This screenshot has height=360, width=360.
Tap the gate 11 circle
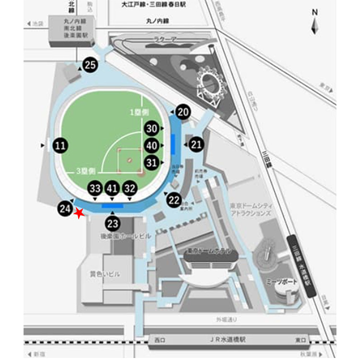60,145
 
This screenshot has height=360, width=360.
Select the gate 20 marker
183,112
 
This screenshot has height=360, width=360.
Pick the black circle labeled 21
196,144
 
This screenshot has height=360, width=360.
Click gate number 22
174,200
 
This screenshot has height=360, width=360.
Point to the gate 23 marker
112,223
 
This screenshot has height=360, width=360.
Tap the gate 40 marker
152,145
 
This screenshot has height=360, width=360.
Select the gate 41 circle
112,188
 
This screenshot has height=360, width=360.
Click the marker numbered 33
95,188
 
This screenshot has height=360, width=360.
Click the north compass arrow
315,24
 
